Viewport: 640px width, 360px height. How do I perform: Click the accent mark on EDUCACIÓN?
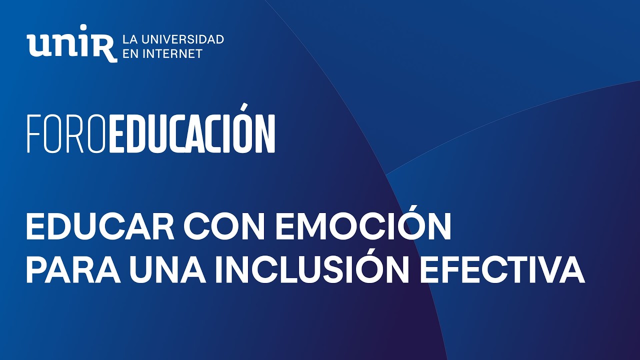pos(244,107)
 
